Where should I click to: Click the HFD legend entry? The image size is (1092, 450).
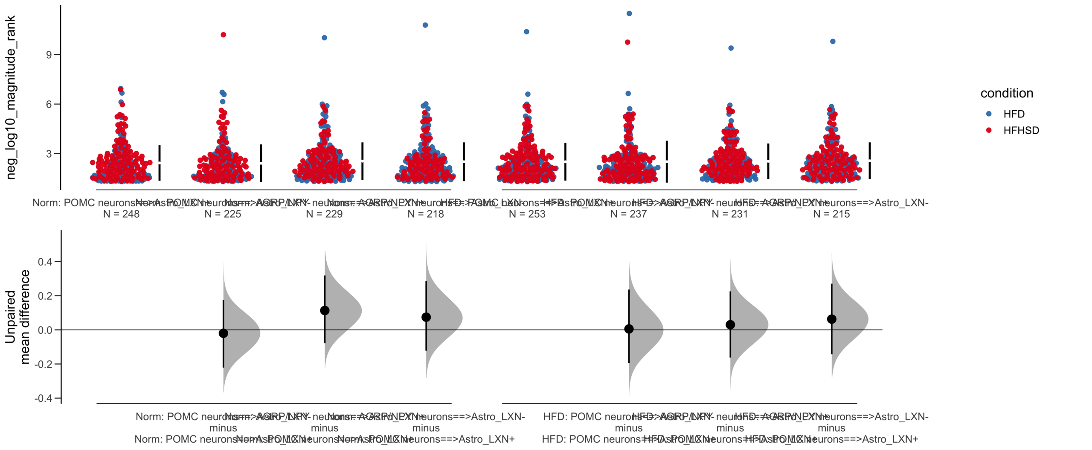click(1013, 114)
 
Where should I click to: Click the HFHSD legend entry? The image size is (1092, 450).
click(1020, 130)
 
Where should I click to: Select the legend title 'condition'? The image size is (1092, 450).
click(1006, 93)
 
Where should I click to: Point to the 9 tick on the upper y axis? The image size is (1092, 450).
click(49, 55)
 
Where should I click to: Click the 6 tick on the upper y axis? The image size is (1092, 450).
click(49, 104)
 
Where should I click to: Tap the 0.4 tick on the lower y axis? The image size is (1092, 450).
click(45, 262)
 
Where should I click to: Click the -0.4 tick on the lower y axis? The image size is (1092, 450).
click(44, 398)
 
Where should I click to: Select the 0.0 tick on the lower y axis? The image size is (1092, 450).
click(45, 330)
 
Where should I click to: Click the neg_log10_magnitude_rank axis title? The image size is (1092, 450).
click(10, 97)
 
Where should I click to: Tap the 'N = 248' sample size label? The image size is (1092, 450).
click(121, 214)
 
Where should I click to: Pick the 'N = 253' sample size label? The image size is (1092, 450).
click(527, 214)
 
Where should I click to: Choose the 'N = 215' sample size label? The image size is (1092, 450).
click(831, 214)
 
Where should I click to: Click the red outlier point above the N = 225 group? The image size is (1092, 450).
click(223, 35)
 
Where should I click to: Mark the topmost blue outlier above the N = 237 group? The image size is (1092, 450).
click(629, 13)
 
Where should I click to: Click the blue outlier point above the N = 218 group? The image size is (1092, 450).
click(425, 25)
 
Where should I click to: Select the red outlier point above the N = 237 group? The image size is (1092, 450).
click(627, 42)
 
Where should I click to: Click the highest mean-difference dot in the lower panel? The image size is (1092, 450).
click(325, 310)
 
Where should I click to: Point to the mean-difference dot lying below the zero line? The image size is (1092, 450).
click(223, 333)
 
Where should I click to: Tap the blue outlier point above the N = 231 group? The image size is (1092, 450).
click(731, 48)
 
